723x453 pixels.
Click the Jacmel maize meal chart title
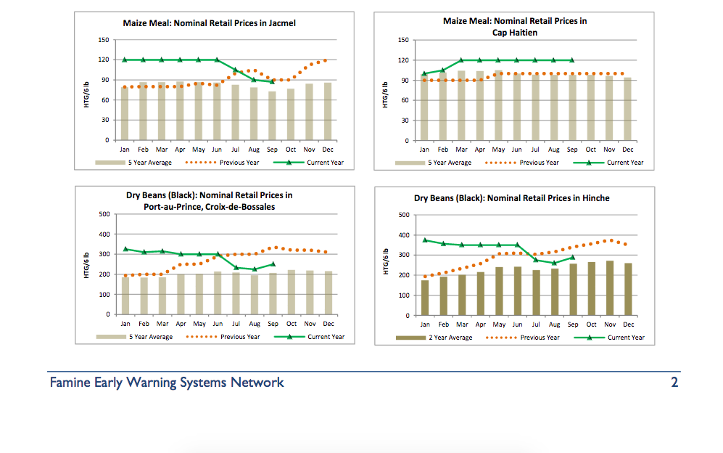click(209, 23)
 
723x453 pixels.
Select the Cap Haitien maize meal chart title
click(515, 27)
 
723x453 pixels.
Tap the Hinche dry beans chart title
click(512, 198)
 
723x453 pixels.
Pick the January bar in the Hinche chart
click(425, 298)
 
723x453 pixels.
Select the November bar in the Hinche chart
click(610, 288)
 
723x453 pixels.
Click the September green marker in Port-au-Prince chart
click(273, 264)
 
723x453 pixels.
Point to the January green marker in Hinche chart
click(425, 240)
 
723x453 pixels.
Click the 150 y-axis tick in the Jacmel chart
click(104, 40)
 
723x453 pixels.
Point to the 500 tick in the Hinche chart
click(404, 215)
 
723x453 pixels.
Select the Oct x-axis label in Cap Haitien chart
click(591, 150)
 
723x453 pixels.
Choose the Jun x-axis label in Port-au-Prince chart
click(218, 324)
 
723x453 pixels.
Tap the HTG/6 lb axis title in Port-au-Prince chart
click(87, 265)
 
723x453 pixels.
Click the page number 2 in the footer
click(674, 383)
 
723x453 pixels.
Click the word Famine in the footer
click(70, 383)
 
